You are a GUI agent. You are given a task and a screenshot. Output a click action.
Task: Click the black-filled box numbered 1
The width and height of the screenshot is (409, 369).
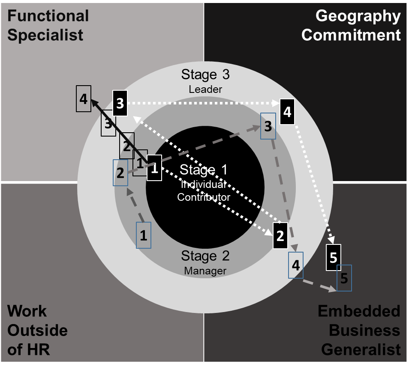coord(154,168)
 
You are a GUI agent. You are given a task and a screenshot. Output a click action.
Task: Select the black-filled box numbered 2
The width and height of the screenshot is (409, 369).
coord(280,235)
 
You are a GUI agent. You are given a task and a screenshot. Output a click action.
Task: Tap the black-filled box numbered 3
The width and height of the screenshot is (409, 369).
coord(120,103)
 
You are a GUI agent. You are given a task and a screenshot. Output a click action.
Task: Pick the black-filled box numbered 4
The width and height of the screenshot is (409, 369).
coord(287,111)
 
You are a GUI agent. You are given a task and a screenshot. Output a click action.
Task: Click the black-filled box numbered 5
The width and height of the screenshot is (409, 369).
coord(334,257)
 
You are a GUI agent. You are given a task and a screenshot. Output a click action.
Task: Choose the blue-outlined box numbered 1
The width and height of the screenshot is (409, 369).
coord(144,235)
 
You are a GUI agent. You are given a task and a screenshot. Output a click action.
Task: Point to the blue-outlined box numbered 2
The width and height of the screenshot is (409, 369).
coord(120,173)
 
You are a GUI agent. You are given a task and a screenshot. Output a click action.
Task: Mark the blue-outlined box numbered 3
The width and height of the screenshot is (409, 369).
coord(268,126)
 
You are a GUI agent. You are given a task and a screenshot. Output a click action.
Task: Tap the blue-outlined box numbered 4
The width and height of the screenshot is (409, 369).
coord(296,265)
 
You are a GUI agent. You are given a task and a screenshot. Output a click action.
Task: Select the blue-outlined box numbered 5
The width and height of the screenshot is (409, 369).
coord(344,278)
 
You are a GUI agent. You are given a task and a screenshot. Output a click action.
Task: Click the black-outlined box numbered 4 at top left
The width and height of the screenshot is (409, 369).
coord(84,99)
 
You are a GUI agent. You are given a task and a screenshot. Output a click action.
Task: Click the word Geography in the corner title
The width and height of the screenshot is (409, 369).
coord(358,16)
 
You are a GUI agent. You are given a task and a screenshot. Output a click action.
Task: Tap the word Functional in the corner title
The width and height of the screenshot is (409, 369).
coord(48,16)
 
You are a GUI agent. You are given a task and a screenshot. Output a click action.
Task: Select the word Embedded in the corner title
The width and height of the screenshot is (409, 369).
coord(359,311)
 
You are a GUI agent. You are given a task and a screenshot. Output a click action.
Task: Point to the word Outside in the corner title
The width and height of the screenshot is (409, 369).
coord(38,330)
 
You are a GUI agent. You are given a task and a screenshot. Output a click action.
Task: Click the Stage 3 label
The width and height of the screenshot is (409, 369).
coord(205,74)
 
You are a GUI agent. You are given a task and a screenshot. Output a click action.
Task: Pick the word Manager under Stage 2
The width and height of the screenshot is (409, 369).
coord(205,271)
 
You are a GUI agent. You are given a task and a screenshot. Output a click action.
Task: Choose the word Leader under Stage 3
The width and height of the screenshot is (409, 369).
coord(205,89)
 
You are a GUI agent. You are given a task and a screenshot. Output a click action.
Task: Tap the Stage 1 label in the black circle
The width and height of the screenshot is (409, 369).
coord(204,170)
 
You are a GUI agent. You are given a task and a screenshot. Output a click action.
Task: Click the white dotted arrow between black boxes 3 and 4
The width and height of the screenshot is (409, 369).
coord(201,103)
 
